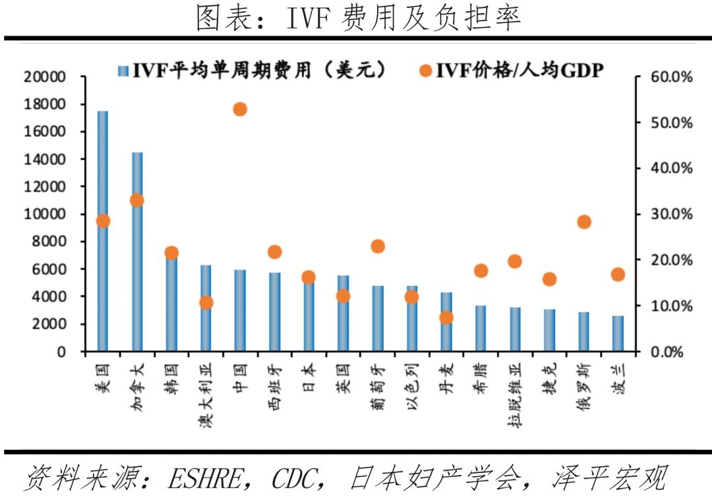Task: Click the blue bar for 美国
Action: pyautogui.click(x=103, y=231)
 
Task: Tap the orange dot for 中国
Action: pyautogui.click(x=240, y=109)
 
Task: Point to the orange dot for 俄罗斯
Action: pyautogui.click(x=583, y=222)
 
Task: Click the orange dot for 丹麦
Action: pyautogui.click(x=446, y=317)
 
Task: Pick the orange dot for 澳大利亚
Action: pyautogui.click(x=206, y=303)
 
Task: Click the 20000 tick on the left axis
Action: pyautogui.click(x=45, y=77)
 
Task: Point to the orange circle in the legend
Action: pyautogui.click(x=425, y=69)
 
